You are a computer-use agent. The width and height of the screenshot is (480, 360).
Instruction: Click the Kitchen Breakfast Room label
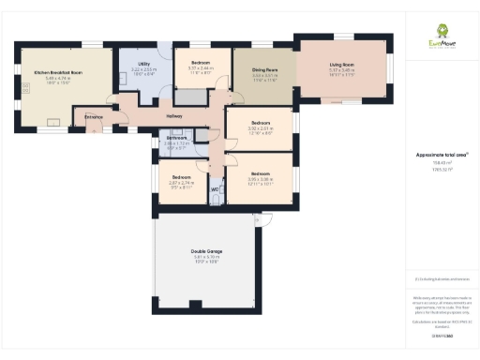pyautogui.click(x=58, y=72)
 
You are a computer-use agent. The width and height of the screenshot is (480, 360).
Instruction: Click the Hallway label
pyautogui.click(x=174, y=116)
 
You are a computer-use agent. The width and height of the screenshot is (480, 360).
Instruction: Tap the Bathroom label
pyautogui.click(x=177, y=138)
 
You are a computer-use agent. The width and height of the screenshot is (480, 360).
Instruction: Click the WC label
pyautogui.click(x=215, y=188)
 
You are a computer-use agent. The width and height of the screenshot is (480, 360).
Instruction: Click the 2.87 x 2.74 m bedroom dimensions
pyautogui.click(x=181, y=183)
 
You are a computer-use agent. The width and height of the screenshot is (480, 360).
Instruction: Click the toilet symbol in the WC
pyautogui.click(x=216, y=199)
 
